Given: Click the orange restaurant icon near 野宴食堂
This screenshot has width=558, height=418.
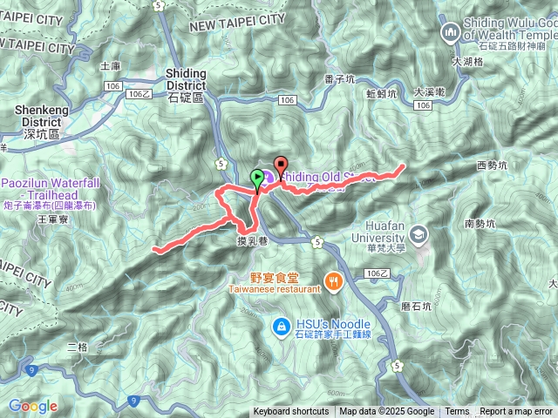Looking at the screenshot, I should [x=332, y=280].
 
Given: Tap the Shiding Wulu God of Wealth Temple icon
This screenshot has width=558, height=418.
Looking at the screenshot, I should [x=451, y=33].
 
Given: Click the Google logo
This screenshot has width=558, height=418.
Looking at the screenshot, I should [x=32, y=406].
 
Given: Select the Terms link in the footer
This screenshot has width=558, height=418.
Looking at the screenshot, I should [x=457, y=412].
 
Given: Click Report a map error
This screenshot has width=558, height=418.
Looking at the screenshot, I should [x=516, y=412].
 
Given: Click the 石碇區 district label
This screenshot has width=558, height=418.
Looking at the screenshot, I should [x=184, y=98].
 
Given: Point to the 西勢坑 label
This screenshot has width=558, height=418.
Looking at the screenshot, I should [x=492, y=165].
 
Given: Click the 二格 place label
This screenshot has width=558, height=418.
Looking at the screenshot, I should [x=78, y=347].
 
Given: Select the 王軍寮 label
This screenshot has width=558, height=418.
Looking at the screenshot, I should [x=53, y=221].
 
